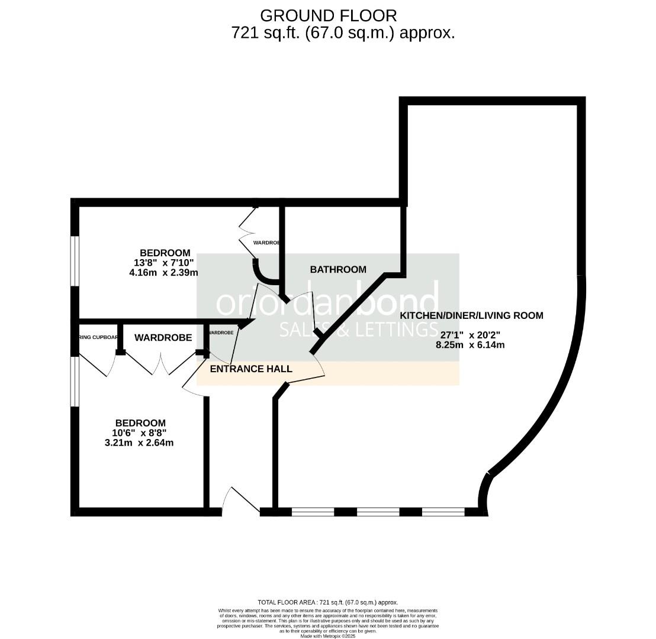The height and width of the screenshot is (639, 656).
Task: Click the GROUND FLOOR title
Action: [328, 15]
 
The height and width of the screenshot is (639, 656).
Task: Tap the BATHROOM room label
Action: [338, 269]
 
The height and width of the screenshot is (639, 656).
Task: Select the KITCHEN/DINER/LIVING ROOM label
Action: [471, 315]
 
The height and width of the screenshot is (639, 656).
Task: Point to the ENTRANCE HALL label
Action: [251, 369]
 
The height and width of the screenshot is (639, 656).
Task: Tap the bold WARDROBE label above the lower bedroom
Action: [163, 338]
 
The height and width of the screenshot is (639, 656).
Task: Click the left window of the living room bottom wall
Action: [313, 512]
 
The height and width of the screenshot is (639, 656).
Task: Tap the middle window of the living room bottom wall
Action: [378, 512]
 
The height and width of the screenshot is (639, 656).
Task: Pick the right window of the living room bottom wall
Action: [443, 512]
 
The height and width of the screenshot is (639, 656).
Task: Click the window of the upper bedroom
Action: [75, 261]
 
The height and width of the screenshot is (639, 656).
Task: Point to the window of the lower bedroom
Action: [75, 381]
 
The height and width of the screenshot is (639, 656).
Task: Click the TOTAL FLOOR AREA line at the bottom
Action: [327, 602]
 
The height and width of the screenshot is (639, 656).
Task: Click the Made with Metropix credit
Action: [327, 636]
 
